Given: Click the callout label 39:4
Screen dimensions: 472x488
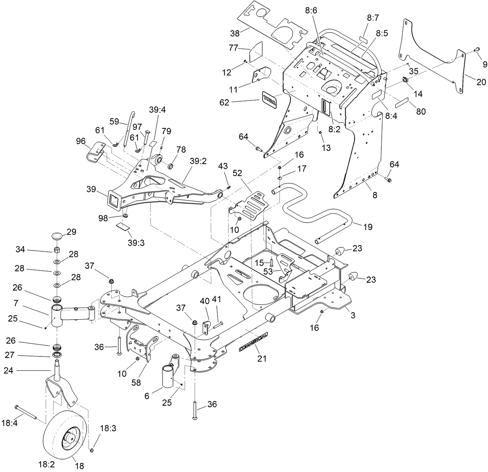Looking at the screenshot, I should tap(157, 110).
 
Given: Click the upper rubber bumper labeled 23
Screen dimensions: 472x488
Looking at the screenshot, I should tap(340, 251).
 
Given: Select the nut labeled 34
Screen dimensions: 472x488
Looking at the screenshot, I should tap(57, 249).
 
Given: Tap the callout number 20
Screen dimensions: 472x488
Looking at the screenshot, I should tap(481, 82).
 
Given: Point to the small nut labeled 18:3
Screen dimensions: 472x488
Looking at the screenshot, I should tap(92, 450).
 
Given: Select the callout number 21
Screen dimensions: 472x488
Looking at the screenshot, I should tap(262, 359).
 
